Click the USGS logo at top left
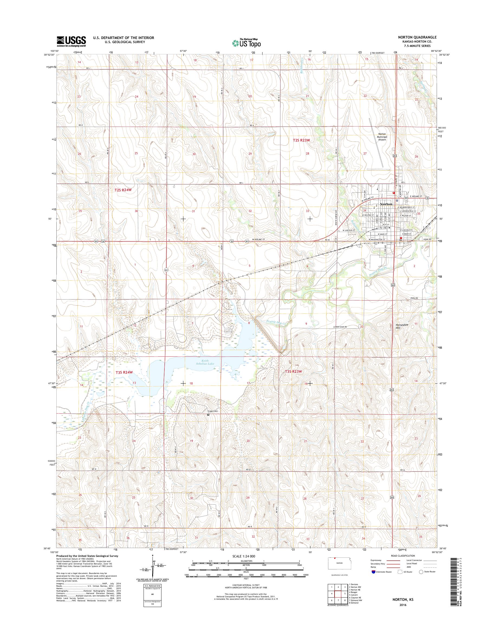click(x=71, y=41)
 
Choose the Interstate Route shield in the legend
click(x=374, y=580)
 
